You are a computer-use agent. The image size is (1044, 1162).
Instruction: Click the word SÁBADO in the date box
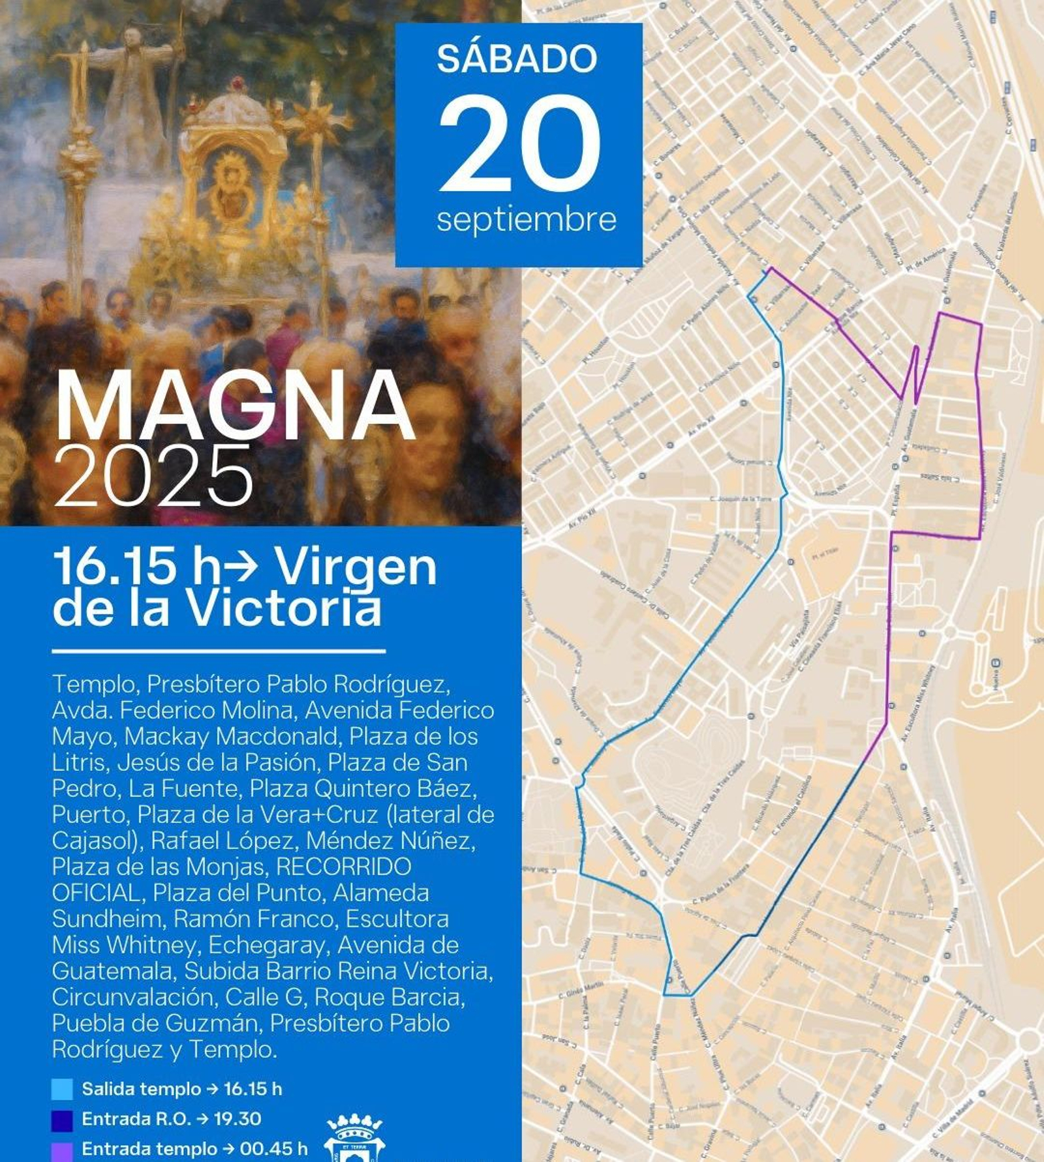pos(517,59)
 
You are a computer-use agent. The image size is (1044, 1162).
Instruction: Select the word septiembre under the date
pos(526,219)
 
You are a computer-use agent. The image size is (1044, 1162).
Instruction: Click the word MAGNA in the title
pos(235,408)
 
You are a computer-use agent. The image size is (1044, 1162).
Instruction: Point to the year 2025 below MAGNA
pos(154,476)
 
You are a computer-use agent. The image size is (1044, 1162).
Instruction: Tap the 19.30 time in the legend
pos(238,1119)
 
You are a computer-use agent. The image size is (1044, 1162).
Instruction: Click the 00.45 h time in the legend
pos(274,1149)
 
